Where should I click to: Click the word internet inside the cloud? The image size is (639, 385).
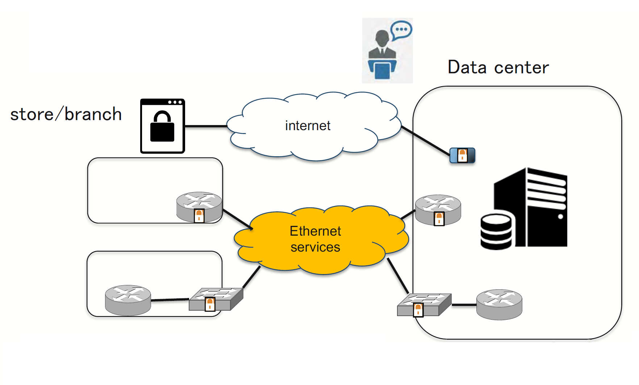(308, 126)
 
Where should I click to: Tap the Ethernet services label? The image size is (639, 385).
(315, 239)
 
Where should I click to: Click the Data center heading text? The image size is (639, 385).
(498, 67)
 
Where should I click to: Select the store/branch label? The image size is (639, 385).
(66, 115)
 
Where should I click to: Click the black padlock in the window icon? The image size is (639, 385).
(162, 127)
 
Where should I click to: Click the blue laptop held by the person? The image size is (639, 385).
(382, 70)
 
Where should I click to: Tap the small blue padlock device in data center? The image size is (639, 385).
(462, 156)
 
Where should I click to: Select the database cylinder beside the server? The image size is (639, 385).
(496, 232)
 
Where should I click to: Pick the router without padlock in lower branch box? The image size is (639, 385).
(128, 300)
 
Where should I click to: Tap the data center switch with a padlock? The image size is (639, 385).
(424, 305)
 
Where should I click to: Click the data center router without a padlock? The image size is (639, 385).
(499, 304)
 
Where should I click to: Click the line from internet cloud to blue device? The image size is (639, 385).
(426, 141)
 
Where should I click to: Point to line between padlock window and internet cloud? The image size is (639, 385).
(206, 126)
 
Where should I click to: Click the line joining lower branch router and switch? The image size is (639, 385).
(170, 300)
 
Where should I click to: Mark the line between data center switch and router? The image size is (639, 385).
(464, 305)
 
